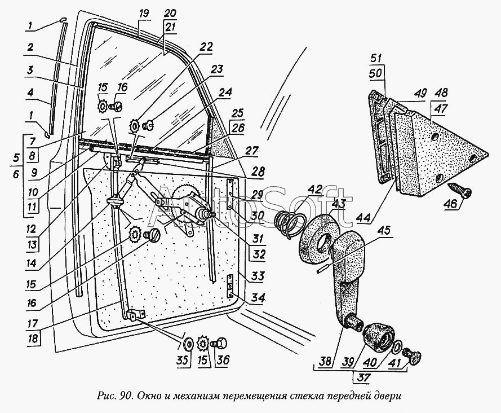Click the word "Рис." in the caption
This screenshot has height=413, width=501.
tap(107, 395)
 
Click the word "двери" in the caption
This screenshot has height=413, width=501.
tap(389, 395)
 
